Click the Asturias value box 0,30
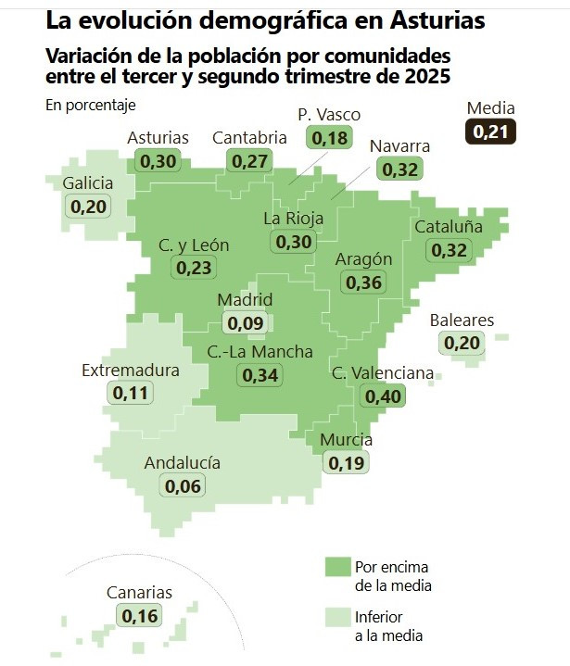157,160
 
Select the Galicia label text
88,182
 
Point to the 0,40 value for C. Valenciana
383,396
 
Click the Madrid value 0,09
245,323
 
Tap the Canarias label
139,593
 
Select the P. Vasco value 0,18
329,138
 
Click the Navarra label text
399,146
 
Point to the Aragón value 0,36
362,282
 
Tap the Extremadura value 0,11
130,393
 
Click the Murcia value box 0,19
346,462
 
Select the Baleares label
462,320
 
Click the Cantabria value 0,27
249,160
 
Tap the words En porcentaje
90,104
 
